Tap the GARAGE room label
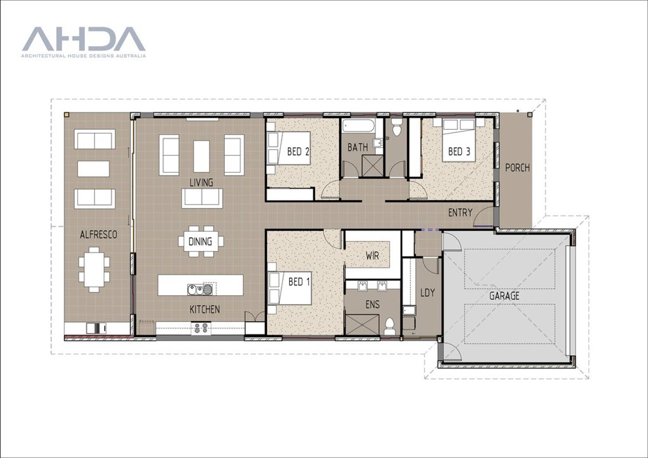coord(504,296)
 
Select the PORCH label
coord(517,168)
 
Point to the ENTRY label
coord(460,213)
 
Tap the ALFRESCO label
coord(98,235)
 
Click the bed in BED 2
coord(288,152)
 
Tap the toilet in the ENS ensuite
coord(390,326)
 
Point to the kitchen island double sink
coord(200,290)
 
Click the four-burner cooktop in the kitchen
coord(201,327)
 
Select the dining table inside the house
coord(200,241)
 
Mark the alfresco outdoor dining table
coord(94,269)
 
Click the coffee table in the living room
coord(201,156)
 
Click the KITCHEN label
coord(204,309)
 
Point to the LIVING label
coord(201,183)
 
